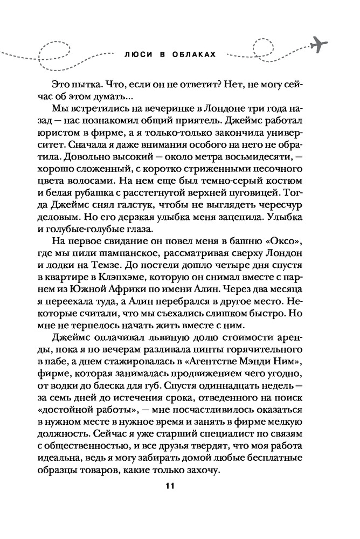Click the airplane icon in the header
[320, 44]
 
